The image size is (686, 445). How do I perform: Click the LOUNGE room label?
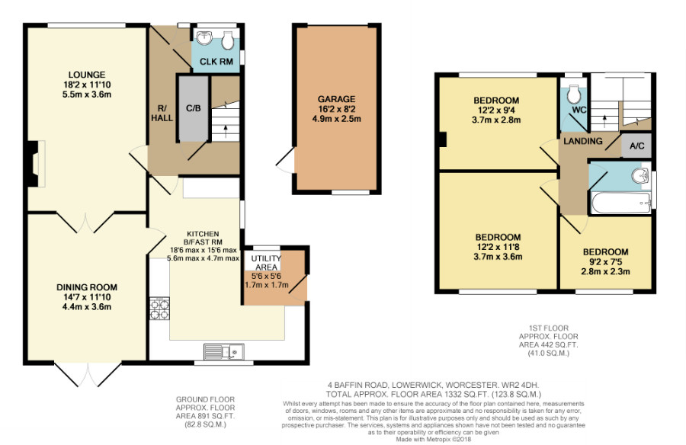[87, 75]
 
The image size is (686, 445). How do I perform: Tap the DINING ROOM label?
[87, 287]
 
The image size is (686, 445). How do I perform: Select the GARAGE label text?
[336, 99]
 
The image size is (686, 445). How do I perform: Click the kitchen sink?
[224, 351]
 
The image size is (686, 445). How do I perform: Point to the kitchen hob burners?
[160, 309]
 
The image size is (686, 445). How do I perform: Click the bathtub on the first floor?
[620, 203]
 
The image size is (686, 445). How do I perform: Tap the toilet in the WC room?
[573, 92]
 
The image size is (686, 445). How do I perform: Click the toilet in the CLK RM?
[227, 40]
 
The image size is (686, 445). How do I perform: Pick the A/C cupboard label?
[637, 146]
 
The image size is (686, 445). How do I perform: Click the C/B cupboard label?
[193, 107]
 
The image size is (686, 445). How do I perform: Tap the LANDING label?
[583, 141]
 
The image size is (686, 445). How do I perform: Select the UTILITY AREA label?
[266, 263]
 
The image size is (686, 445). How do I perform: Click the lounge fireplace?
[35, 164]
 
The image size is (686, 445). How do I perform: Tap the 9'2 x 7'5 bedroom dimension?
[605, 262]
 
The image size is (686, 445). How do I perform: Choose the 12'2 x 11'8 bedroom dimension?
[498, 247]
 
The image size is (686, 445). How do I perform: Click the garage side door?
[286, 161]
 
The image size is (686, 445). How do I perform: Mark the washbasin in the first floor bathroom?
[640, 176]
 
